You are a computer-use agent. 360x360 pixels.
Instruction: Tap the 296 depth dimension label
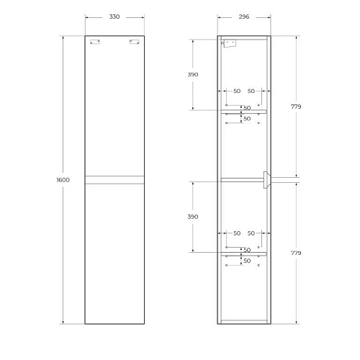click(244, 17)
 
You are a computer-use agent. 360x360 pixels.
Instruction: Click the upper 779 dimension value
click(296, 107)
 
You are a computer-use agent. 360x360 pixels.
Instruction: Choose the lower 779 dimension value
click(296, 253)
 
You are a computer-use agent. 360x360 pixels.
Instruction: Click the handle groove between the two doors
click(112, 179)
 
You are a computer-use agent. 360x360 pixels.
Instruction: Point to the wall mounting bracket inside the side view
click(230, 43)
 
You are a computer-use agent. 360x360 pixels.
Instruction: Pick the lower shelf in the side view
click(244, 253)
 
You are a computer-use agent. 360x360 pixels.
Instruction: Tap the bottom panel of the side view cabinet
click(244, 321)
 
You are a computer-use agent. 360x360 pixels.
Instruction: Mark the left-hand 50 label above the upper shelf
click(236, 91)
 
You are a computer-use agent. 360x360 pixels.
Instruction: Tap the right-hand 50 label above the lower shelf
click(252, 233)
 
